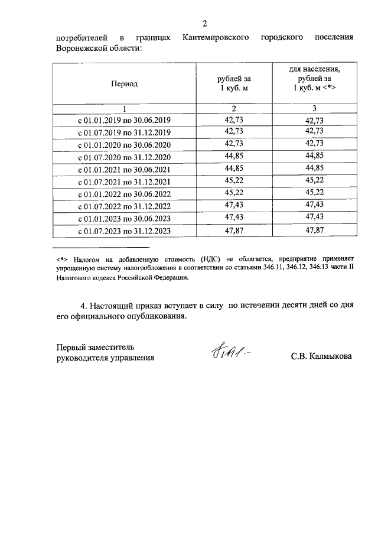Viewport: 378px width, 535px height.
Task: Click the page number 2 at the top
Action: [204, 24]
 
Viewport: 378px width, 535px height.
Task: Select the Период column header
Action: [124, 84]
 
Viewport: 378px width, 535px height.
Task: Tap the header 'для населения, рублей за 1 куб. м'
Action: [314, 78]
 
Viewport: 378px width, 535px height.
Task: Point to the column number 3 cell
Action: [314, 108]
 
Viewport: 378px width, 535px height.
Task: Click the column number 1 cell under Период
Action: [124, 108]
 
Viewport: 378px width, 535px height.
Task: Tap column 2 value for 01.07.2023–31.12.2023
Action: [234, 231]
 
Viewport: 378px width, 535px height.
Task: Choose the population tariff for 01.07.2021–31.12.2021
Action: [314, 181]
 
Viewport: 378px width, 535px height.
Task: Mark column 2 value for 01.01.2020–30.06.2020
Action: [234, 144]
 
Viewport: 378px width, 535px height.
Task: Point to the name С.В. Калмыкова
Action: [321, 357]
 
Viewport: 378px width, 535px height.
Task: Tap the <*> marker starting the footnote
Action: [62, 258]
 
